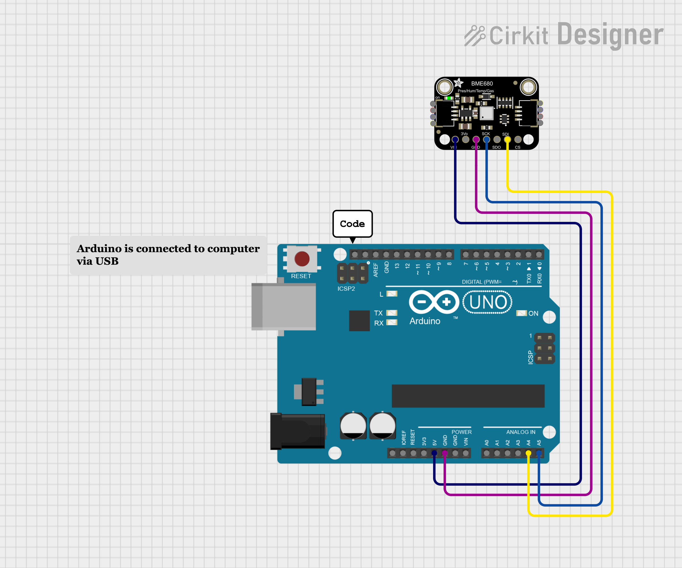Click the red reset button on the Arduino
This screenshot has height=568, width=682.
click(302, 259)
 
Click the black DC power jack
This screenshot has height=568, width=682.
click(297, 431)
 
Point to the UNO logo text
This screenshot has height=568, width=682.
click(487, 302)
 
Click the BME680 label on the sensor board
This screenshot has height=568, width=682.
click(482, 84)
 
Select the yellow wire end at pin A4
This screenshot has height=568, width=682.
click(528, 453)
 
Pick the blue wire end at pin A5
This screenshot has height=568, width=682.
click(539, 453)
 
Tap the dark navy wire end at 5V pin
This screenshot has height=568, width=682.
click(434, 453)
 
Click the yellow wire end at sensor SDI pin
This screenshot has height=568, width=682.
click(507, 139)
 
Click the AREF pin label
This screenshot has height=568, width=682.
click(376, 270)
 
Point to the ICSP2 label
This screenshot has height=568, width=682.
click(346, 289)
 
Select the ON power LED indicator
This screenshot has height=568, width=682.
click(521, 313)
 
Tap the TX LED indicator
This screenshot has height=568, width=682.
click(392, 313)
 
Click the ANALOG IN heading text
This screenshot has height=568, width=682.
click(521, 432)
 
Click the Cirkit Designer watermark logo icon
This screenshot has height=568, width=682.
click(475, 36)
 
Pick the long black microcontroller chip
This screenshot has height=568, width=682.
click(468, 396)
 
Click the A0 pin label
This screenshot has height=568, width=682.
click(486, 443)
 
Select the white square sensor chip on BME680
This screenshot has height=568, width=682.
click(486, 113)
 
